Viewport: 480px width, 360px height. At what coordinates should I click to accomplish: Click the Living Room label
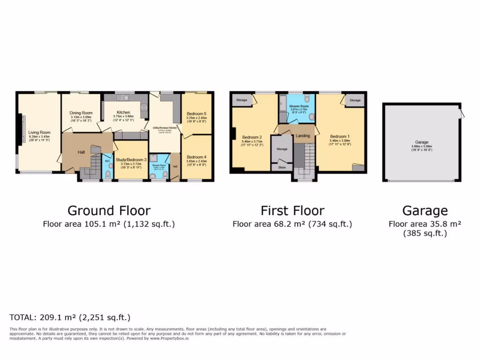click(39, 133)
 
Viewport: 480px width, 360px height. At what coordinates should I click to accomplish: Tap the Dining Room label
click(81, 113)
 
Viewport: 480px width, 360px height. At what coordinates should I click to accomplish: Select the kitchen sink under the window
click(125, 97)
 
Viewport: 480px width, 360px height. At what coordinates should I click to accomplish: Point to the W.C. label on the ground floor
click(107, 161)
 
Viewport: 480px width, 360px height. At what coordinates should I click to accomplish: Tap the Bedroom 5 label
click(196, 114)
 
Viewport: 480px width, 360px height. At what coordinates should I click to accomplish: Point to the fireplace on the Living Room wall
click(21, 129)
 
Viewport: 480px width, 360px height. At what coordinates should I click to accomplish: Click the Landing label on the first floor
click(302, 136)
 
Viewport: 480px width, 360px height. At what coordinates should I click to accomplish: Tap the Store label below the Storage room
click(282, 167)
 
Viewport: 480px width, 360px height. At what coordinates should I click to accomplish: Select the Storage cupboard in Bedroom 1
click(355, 100)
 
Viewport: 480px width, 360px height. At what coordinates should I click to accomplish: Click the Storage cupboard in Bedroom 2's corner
click(241, 100)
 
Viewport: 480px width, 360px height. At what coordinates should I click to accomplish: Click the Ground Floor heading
click(109, 210)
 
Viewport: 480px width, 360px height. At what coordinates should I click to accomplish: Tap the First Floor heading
click(292, 210)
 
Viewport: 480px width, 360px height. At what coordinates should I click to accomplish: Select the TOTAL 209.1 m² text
click(70, 317)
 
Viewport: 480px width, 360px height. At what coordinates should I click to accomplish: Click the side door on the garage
click(463, 112)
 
